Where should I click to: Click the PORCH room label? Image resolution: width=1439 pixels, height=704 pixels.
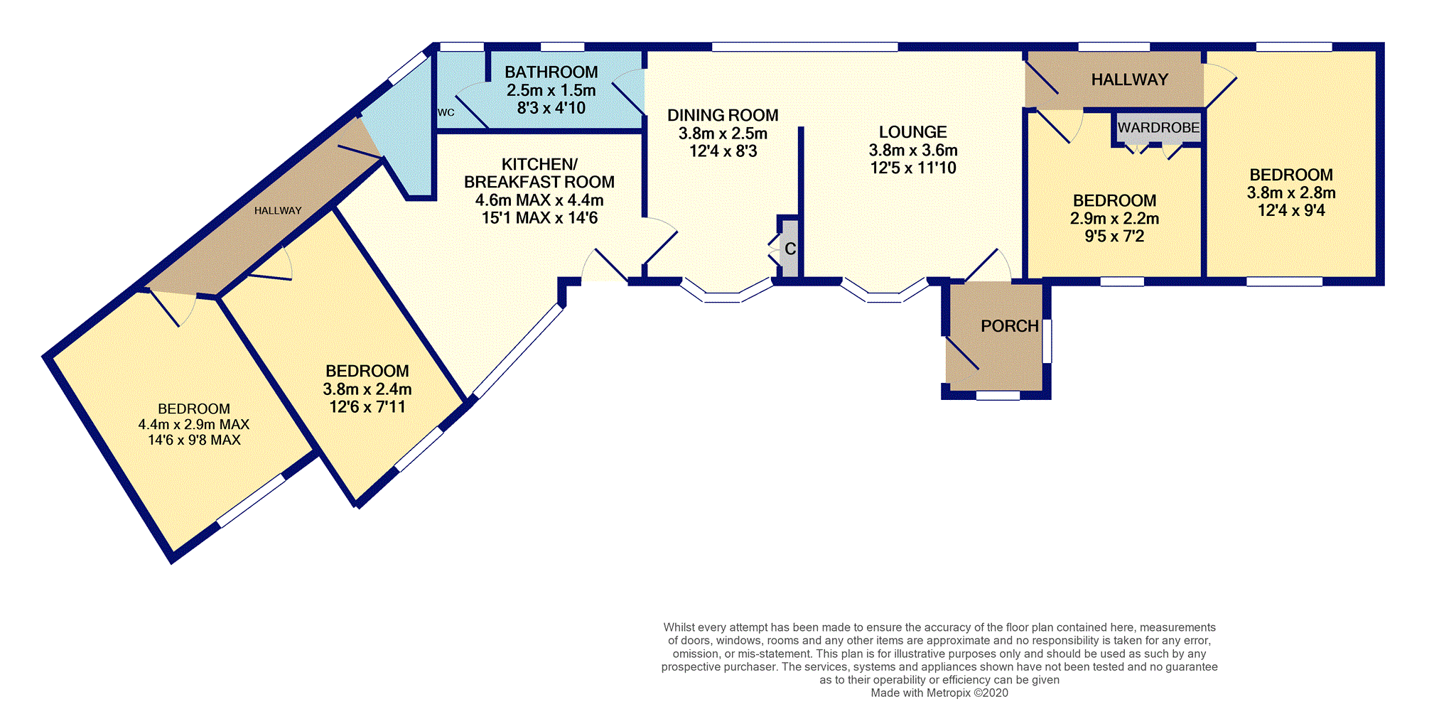pos(1009,326)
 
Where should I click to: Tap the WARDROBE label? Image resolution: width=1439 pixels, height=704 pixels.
pos(1158,128)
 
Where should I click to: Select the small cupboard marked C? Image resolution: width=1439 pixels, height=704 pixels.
pos(790,249)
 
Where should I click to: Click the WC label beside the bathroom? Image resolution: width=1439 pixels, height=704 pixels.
pos(446,113)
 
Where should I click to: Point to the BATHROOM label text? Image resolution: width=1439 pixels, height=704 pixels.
pos(551,72)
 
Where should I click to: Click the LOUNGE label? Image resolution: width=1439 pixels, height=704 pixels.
pos(912,132)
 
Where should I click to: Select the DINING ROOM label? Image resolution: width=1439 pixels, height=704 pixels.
pos(723,115)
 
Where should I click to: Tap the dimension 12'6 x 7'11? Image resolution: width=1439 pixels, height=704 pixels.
pos(367,407)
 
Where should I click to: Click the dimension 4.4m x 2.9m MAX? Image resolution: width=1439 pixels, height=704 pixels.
pos(193,425)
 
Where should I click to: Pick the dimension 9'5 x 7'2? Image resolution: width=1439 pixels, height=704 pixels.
pos(1114,237)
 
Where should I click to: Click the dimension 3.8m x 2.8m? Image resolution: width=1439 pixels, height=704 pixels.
pos(1290,193)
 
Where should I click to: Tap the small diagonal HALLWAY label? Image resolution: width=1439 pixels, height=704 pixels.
pos(278,211)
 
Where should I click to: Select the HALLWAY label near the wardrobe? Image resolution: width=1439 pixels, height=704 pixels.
pos(1129,80)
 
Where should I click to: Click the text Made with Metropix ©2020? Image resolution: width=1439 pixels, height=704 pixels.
pos(939,693)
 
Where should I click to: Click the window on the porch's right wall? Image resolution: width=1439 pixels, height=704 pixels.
pos(1047,341)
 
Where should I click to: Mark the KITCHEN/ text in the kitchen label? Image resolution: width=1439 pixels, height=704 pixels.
pos(539,165)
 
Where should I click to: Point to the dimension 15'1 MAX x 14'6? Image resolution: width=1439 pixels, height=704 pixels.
pos(539,218)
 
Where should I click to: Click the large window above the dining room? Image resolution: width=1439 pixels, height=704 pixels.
pos(804,47)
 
